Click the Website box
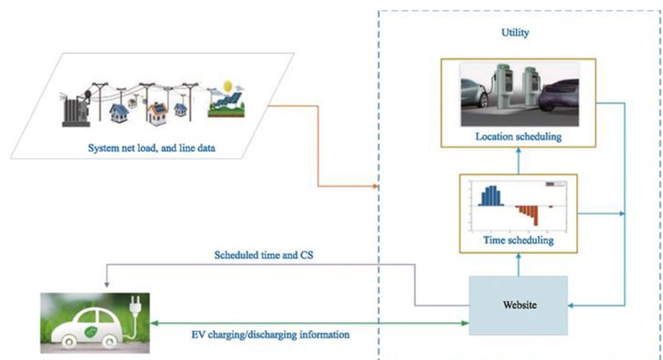(518, 305)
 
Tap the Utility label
(515, 33)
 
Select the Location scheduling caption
(518, 137)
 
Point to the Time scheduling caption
(518, 240)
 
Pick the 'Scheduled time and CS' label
(267, 254)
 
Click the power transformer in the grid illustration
(74, 112)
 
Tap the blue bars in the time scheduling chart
(490, 196)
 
